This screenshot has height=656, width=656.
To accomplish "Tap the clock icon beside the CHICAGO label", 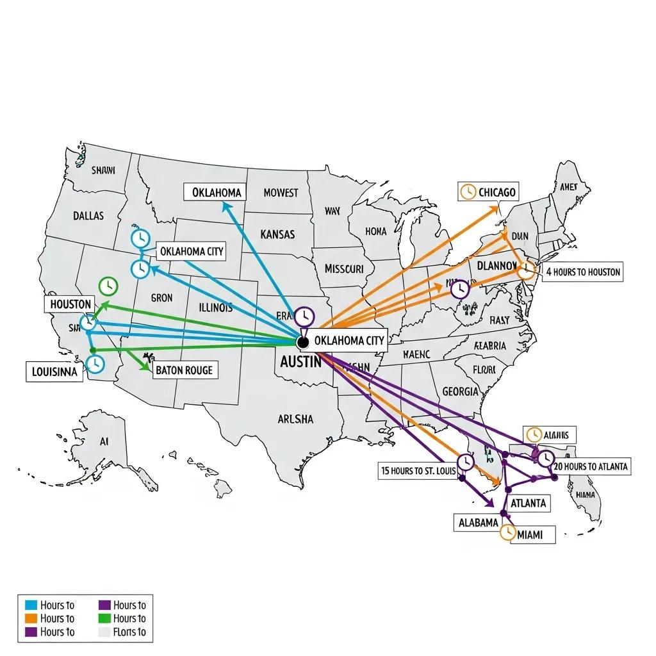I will click(468, 192).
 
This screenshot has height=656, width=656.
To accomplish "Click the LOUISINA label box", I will click(54, 372).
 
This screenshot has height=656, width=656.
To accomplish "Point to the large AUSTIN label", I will click(300, 361).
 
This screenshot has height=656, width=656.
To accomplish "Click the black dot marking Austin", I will click(303, 343).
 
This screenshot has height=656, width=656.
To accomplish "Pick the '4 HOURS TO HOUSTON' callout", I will click(583, 272).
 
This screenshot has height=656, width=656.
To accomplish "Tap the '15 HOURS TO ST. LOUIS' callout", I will click(418, 471).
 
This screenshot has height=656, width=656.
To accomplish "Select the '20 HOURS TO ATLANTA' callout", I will click(591, 466).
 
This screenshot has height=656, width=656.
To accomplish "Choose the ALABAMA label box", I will click(478, 522).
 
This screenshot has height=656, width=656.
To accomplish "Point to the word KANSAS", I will click(278, 234).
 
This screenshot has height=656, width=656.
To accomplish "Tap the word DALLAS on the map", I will click(88, 216).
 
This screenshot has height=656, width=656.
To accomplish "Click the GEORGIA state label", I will click(460, 391).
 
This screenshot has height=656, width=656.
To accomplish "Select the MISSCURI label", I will click(344, 268).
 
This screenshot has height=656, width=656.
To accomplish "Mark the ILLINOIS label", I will click(216, 307).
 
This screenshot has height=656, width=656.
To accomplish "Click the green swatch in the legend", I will click(103, 618).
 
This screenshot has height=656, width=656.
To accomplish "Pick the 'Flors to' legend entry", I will click(129, 632).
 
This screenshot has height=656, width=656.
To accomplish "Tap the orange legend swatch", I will click(31, 618).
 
